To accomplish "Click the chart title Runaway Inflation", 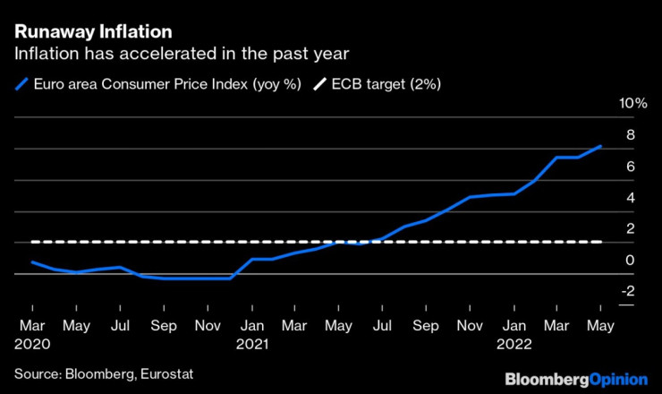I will tap(87, 32).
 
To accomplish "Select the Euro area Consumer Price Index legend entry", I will tap(156, 83).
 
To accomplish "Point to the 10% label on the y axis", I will tap(633, 104).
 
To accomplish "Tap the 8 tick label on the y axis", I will tap(630, 135).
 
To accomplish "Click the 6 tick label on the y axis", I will tap(630, 167).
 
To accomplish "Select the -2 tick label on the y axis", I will tap(628, 291).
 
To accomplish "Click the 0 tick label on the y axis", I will tap(630, 260).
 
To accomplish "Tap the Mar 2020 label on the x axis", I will tap(32, 334).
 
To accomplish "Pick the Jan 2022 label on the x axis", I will tap(514, 334).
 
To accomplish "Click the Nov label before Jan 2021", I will tap(207, 327).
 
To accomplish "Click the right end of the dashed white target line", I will tap(600, 242).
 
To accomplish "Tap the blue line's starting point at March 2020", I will tap(32, 262).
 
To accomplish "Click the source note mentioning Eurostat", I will tap(104, 373).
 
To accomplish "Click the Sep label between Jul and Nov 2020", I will tap(163, 327).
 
